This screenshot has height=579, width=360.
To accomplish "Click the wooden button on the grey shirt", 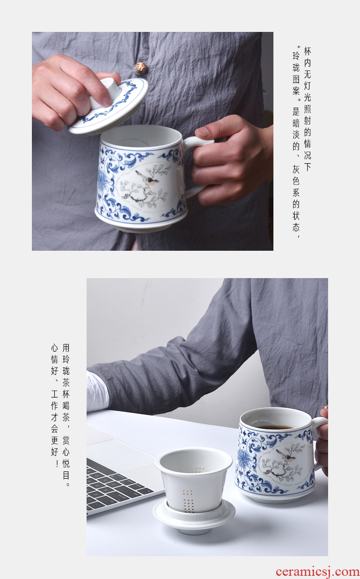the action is pyautogui.click(x=141, y=67).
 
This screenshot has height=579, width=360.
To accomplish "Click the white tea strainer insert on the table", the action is pyautogui.click(x=194, y=480).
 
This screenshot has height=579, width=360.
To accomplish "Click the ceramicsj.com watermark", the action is pyautogui.click(x=317, y=572).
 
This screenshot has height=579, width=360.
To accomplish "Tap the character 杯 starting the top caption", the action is pyautogui.click(x=307, y=52).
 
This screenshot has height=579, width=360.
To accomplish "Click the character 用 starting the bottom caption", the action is pyautogui.click(x=66, y=348).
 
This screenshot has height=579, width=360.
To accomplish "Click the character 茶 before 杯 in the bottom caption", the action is pyautogui.click(x=66, y=383).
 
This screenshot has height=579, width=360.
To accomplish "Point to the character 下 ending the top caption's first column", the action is pyautogui.click(x=307, y=167).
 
